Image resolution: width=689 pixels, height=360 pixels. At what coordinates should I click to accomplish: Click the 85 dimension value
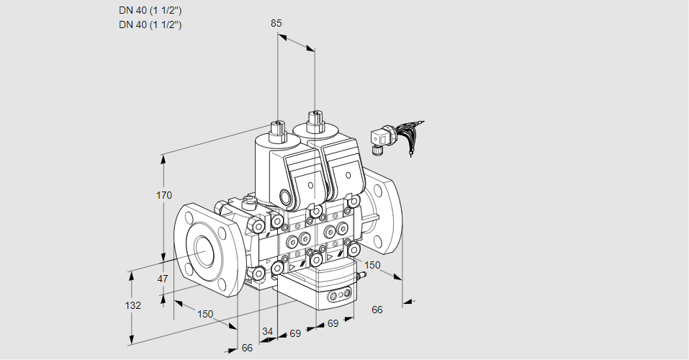[x=276, y=23]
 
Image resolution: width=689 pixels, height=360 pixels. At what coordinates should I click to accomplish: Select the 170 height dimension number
[x=165, y=195]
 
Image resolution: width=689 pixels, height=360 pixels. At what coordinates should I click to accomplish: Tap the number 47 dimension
[x=163, y=279]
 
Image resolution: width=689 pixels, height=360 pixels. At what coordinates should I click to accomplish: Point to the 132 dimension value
[x=132, y=305]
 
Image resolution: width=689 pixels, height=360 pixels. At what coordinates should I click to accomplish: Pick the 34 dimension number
[x=267, y=331]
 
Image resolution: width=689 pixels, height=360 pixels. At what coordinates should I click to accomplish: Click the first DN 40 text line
[x=150, y=11]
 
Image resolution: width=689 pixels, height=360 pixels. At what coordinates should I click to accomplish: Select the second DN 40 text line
[x=150, y=24]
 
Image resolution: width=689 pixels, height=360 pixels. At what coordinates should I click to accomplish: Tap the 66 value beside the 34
[x=247, y=348]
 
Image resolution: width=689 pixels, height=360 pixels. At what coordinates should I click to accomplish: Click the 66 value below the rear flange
[x=377, y=310]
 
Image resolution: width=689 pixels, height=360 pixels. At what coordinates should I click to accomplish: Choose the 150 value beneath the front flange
[x=206, y=313]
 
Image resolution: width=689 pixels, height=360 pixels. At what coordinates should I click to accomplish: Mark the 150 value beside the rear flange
[x=371, y=265]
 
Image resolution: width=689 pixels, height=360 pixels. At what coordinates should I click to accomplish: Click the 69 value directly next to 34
[x=294, y=334]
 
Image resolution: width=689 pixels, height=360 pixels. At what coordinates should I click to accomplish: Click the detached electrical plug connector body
[x=379, y=138]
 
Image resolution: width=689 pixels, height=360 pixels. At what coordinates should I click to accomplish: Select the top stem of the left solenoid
[x=277, y=130]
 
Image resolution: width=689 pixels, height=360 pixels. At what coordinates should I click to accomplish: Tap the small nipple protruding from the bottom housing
[x=359, y=274]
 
